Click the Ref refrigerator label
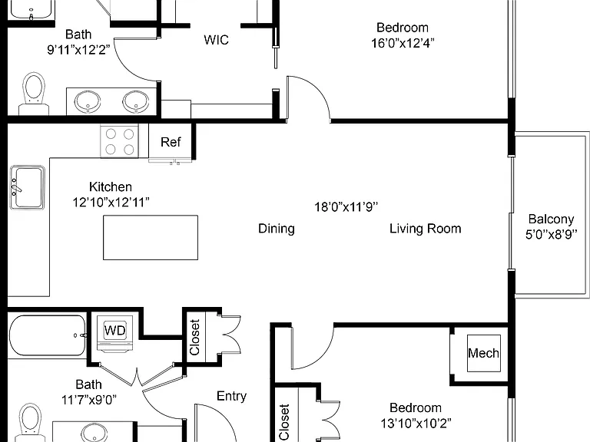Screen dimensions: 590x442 171,142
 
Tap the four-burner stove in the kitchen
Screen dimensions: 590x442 119,141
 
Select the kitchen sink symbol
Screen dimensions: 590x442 27,187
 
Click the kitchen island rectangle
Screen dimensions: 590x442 151,238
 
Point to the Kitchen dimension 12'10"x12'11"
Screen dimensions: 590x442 111,203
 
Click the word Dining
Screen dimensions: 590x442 277,229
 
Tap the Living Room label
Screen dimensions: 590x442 425,229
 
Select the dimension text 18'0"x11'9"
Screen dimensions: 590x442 346,206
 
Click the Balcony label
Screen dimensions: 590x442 552,219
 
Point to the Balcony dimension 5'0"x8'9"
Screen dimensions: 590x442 552,235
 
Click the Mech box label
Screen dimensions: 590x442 483,353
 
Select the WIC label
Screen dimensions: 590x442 216,40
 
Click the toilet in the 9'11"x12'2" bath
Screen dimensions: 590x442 34,94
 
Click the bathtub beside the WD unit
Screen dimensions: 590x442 47,336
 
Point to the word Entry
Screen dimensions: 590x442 231,396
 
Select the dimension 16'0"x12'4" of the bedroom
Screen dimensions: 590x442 403,43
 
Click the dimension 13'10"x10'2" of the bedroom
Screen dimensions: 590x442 416,424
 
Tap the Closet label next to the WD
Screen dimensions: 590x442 194,337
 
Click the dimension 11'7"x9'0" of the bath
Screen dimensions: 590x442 89,400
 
